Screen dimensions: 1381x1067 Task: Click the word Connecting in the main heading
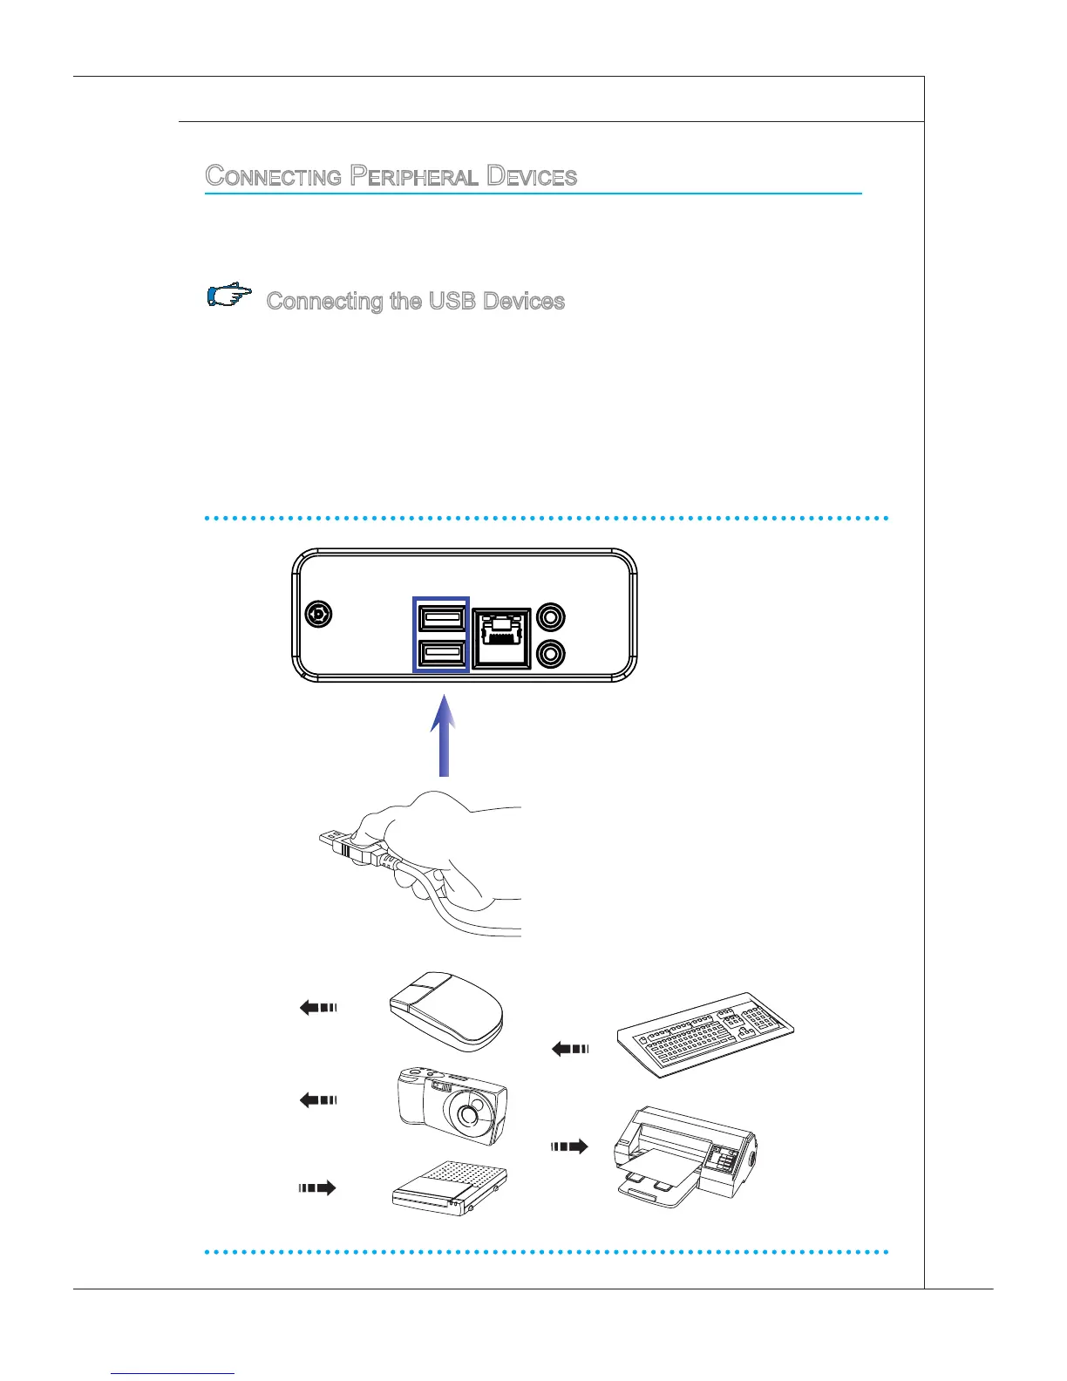point(273,176)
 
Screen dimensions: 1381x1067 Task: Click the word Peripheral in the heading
point(414,176)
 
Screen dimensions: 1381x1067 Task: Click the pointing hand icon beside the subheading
point(229,296)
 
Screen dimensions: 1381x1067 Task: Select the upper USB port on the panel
point(441,618)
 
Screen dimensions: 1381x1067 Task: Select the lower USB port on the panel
point(441,654)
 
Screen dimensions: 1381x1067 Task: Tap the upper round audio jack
point(550,618)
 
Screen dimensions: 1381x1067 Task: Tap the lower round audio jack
point(550,653)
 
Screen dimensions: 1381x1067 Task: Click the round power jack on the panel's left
point(319,615)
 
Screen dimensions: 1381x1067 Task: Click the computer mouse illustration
point(446,1007)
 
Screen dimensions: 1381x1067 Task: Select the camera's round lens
point(472,1113)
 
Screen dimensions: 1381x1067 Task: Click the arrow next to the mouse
point(317,1008)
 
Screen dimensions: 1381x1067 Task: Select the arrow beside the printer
point(569,1146)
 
